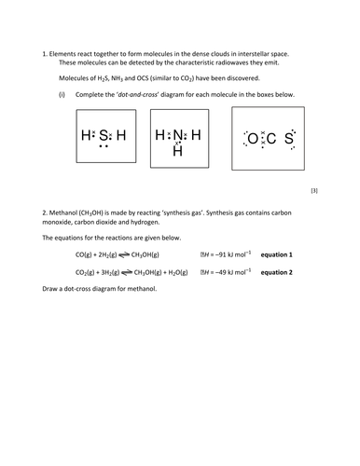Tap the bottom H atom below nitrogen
(178, 150)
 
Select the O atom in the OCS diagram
(252, 140)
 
